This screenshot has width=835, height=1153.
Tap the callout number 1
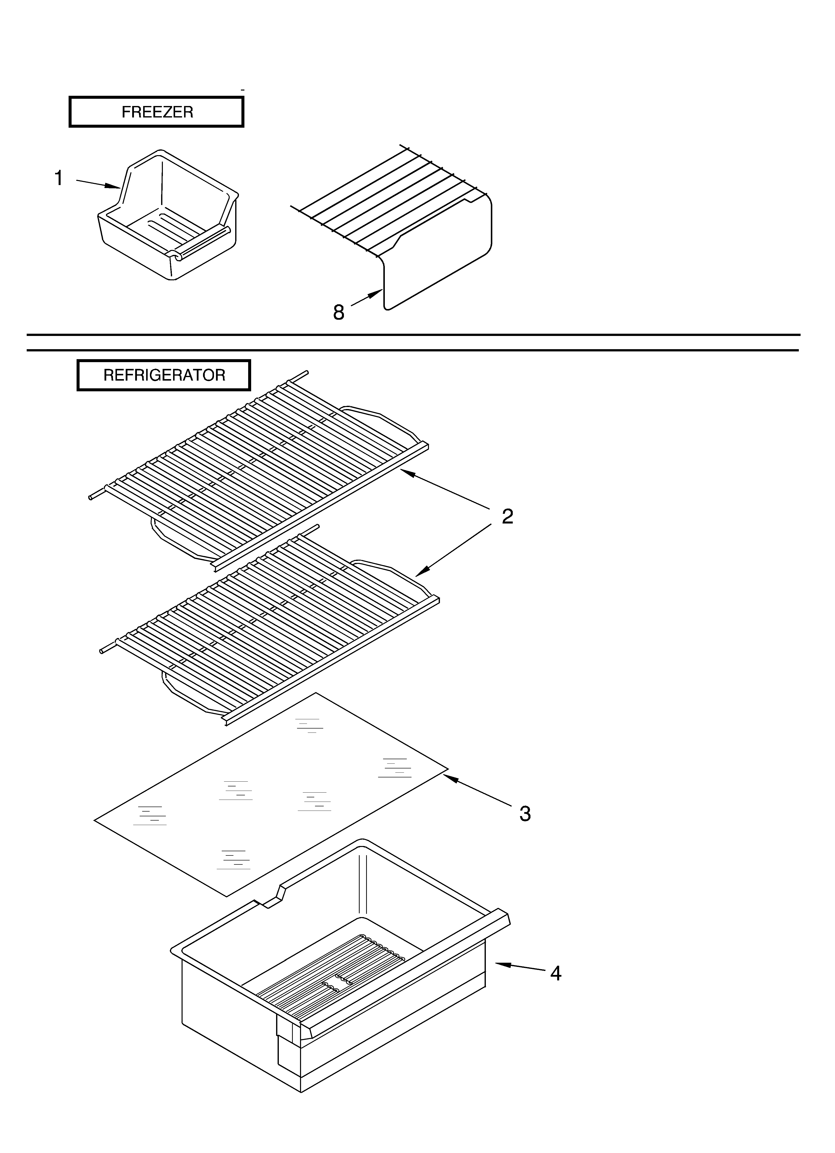coord(59,178)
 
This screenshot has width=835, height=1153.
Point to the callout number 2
coord(507,517)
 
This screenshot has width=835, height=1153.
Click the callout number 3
coord(525,813)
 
